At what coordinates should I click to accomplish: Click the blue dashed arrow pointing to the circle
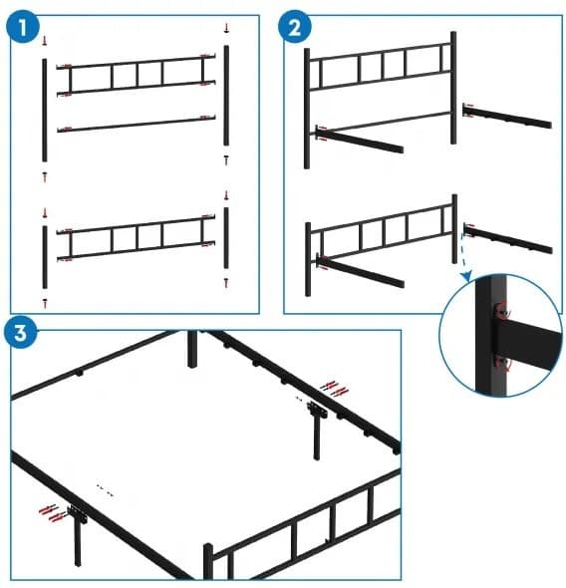[x=464, y=256]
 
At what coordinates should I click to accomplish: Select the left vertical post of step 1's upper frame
[x=44, y=108]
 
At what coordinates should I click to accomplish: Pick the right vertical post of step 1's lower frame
[x=227, y=239]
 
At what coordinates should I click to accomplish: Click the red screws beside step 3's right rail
[x=335, y=389]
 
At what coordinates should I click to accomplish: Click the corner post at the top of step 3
[x=192, y=349]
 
